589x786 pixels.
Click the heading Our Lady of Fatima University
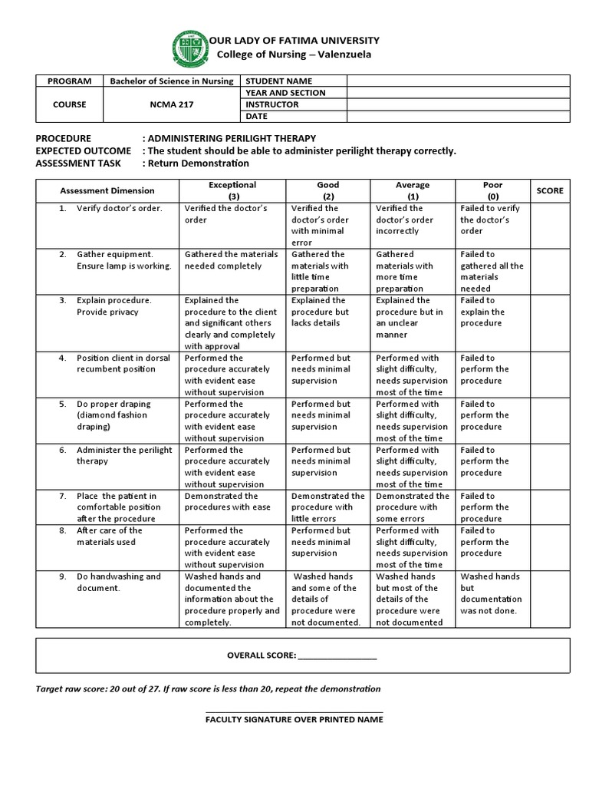tap(294, 40)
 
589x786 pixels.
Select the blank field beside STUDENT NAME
tap(458, 81)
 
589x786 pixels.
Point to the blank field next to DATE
tap(458, 116)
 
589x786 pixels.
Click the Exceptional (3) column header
tap(232, 190)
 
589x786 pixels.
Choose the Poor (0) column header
tap(492, 190)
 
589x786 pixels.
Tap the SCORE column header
tap(549, 190)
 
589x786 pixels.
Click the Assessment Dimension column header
tap(107, 190)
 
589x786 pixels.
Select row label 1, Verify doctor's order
tap(119, 209)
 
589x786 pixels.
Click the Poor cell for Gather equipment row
tap(492, 271)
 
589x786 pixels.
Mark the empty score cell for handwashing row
tap(549, 599)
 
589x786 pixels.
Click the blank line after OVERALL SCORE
tap(337, 657)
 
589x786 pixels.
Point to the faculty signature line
tap(294, 712)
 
